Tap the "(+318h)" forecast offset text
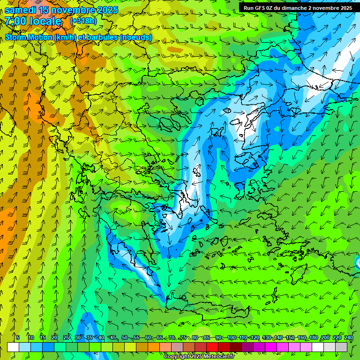83,21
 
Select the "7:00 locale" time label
34,21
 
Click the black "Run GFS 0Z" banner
298,8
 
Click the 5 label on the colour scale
18,337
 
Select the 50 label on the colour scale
125,337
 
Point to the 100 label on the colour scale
231,337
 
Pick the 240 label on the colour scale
349,337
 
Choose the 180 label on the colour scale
314,337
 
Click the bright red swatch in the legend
212,347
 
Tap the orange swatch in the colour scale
154,347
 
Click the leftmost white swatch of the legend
13,347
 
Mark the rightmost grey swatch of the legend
342,347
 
